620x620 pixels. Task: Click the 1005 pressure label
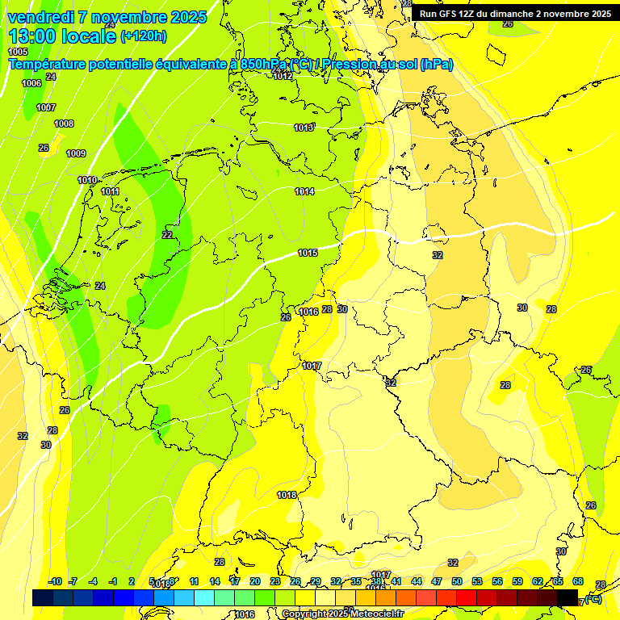click(18, 52)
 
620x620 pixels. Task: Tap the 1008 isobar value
click(64, 124)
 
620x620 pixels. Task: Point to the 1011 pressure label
click(111, 191)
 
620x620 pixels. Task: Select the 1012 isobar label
click(283, 76)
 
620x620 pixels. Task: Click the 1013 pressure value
click(304, 128)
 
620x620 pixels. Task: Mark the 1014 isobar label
click(304, 191)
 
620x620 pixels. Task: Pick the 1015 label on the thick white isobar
click(308, 253)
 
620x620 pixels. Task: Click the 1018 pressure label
click(287, 495)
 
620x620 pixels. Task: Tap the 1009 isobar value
click(76, 153)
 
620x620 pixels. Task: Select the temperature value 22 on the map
click(167, 235)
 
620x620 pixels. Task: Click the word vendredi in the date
click(40, 17)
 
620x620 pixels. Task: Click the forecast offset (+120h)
click(144, 36)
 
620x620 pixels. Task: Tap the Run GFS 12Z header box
click(515, 14)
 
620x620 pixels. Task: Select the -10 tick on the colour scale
click(55, 581)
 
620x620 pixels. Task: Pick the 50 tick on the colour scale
click(457, 581)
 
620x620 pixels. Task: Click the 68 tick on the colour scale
click(578, 581)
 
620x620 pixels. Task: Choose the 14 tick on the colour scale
click(215, 581)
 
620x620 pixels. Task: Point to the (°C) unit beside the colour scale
click(593, 599)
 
